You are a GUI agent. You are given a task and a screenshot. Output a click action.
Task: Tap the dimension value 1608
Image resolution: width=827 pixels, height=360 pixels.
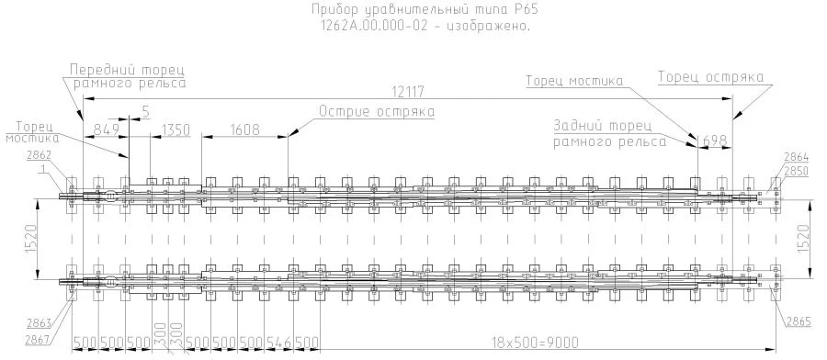tap(244, 129)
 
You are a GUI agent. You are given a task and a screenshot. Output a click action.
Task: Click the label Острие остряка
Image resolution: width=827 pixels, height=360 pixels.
tap(376, 112)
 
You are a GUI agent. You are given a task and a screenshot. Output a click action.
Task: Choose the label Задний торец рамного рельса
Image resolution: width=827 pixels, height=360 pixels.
tap(610, 133)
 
